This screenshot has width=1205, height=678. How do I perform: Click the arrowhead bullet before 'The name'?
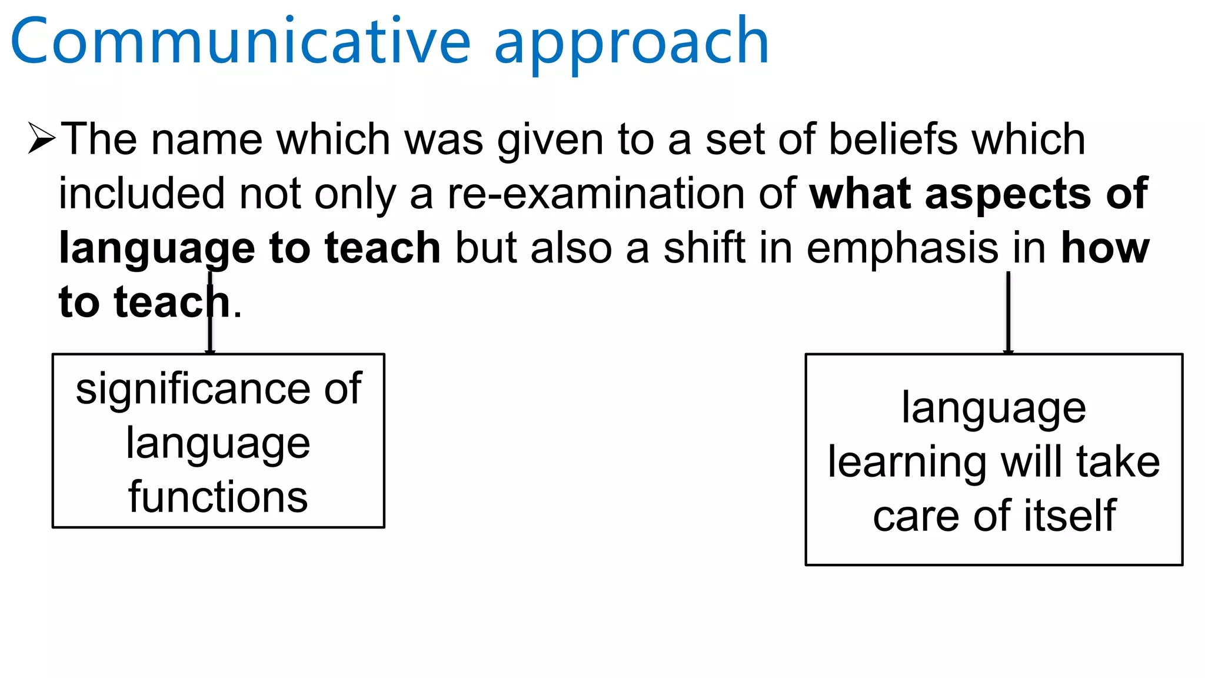(x=41, y=138)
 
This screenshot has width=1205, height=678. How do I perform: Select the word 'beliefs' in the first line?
(x=893, y=139)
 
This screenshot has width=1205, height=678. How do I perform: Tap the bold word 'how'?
(x=1104, y=248)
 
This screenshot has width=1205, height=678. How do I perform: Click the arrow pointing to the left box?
(x=210, y=312)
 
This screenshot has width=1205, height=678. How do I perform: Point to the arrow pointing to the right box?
(x=1008, y=312)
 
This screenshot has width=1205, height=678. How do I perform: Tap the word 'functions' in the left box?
(x=218, y=497)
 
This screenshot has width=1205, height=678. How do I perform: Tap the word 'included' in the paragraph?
(x=141, y=194)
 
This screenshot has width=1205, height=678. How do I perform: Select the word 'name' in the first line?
(x=206, y=140)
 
